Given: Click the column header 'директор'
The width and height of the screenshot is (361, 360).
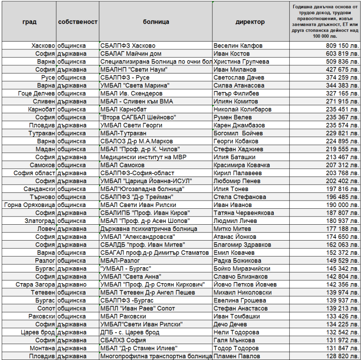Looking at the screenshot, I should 250,22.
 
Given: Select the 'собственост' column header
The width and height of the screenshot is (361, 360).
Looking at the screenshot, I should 78,22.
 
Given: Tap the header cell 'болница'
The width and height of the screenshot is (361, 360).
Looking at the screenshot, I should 156,22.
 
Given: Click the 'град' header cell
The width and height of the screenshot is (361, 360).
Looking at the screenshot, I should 29,22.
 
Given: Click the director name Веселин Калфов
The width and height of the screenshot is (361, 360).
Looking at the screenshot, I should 238,46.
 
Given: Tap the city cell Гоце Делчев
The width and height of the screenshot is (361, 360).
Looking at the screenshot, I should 37,93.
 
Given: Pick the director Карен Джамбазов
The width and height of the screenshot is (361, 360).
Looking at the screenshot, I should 239,125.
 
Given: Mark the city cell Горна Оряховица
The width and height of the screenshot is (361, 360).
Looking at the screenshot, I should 30,205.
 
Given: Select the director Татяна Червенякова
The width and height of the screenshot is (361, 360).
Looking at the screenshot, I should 244,213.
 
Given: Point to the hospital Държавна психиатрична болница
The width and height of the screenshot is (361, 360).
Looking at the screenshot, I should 148,229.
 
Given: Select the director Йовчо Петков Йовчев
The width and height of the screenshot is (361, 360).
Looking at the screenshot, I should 245,284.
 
